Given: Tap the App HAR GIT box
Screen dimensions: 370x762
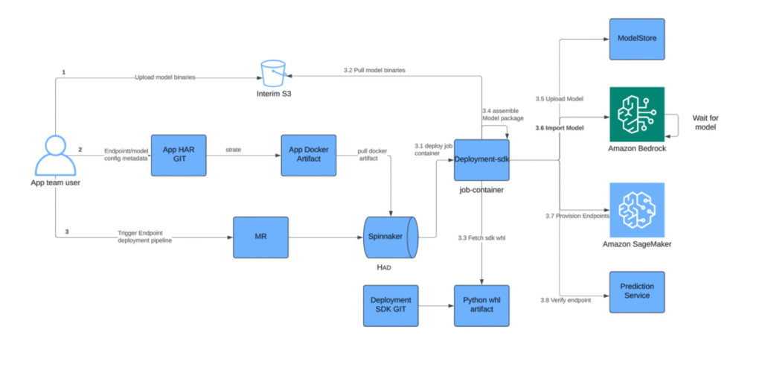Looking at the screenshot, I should tap(178, 155).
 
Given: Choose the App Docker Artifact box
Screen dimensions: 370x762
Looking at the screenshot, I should tap(309, 155).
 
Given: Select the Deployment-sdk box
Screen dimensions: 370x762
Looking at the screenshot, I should tap(481, 159).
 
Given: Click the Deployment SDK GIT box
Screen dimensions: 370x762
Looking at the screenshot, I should tap(391, 304).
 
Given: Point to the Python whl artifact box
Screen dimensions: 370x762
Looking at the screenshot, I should tap(481, 304).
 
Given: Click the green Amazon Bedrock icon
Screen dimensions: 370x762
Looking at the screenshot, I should tap(636, 113).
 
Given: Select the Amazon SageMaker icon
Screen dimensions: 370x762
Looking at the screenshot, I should tap(636, 209).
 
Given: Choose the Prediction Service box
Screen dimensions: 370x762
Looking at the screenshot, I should tap(636, 291).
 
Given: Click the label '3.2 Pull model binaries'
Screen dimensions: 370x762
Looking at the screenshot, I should tap(374, 70).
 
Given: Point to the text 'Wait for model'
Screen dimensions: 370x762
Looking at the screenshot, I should tap(705, 124).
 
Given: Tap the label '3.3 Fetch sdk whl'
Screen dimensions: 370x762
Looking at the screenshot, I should tap(482, 237).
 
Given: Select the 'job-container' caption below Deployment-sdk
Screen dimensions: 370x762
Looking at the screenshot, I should tap(481, 190).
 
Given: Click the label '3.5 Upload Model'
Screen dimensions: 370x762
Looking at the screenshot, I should tap(558, 98).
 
